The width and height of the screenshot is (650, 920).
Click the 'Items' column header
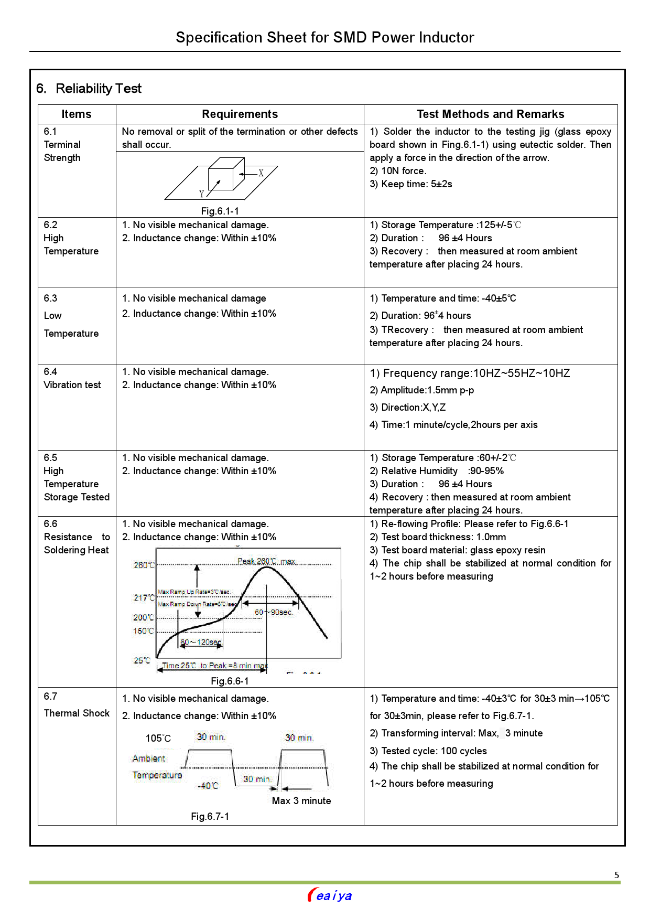pyautogui.click(x=77, y=114)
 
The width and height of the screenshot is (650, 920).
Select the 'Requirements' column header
pyautogui.click(x=240, y=114)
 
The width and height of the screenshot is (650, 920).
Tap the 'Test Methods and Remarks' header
pyautogui.click(x=490, y=114)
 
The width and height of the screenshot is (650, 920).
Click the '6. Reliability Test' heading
pyautogui.click(x=89, y=89)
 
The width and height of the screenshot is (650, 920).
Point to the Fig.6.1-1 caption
pyautogui.click(x=220, y=211)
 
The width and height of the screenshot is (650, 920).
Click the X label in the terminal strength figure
pyautogui.click(x=261, y=173)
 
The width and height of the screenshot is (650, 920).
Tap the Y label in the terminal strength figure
pyautogui.click(x=202, y=194)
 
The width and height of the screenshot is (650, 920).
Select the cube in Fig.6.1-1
pyautogui.click(x=226, y=174)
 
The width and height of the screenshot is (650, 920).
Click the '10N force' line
pyautogui.click(x=398, y=171)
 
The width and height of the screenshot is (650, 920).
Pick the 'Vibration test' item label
pyautogui.click(x=72, y=385)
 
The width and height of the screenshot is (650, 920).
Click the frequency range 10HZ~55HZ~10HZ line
pyautogui.click(x=470, y=373)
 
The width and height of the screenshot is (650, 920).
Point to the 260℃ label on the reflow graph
pyautogui.click(x=144, y=565)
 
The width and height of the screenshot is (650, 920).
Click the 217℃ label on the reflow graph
pyautogui.click(x=144, y=598)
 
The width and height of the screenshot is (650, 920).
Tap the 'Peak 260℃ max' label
pyautogui.click(x=266, y=562)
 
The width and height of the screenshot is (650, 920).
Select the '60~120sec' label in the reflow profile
pyautogui.click(x=201, y=643)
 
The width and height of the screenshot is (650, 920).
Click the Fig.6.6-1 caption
pyautogui.click(x=230, y=681)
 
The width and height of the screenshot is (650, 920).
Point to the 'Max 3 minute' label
pyautogui.click(x=301, y=801)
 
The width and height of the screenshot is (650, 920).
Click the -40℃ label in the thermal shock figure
pyautogui.click(x=208, y=786)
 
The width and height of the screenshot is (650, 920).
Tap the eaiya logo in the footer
pyautogui.click(x=330, y=895)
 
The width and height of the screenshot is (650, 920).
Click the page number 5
pyautogui.click(x=617, y=875)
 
